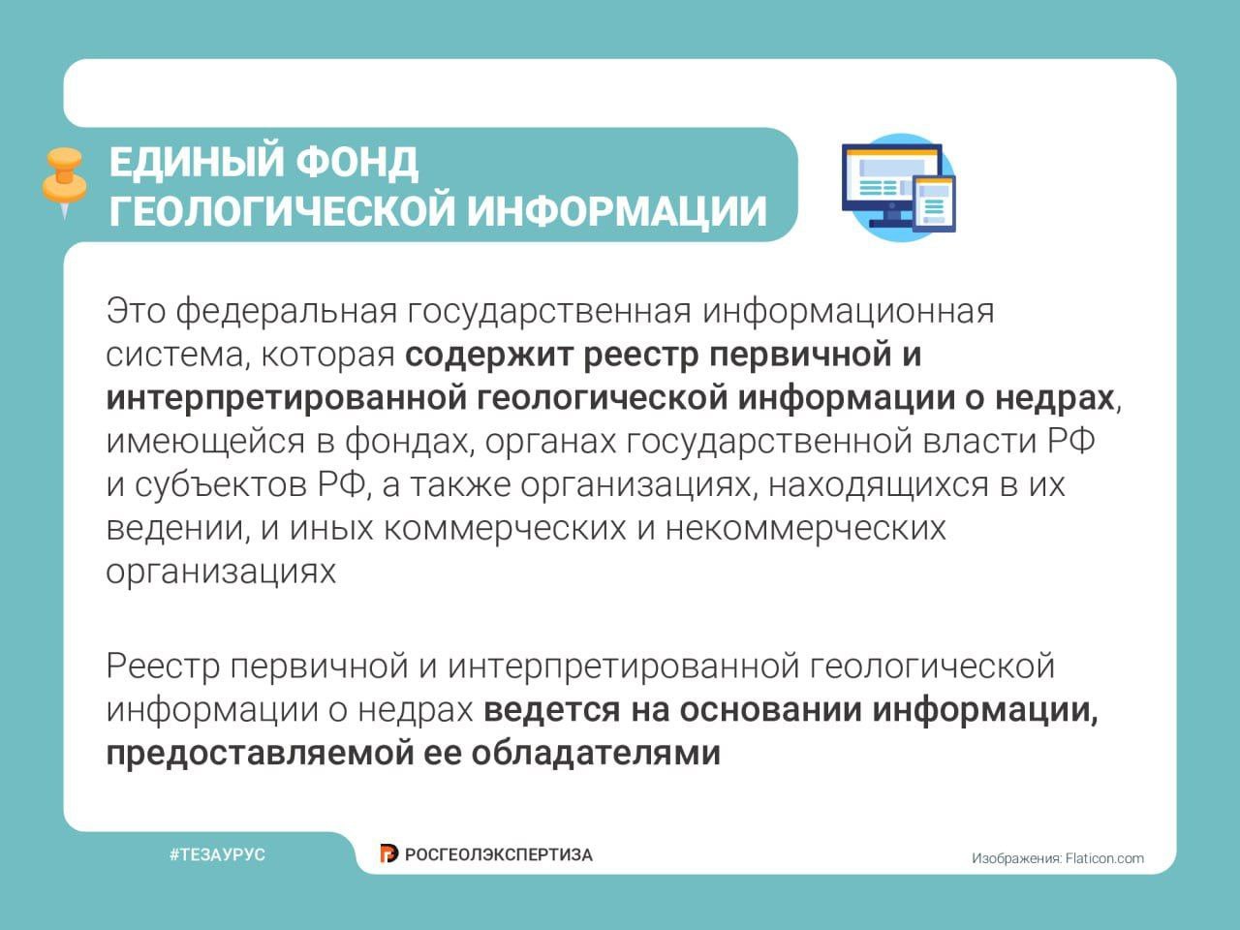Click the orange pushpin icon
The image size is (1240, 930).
click(64, 182)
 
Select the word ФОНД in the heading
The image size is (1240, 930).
click(357, 163)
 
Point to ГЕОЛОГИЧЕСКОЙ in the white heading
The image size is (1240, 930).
click(283, 211)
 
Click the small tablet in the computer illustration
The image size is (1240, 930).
click(935, 203)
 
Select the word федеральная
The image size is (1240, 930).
click(287, 312)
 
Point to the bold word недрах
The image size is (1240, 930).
click(1055, 399)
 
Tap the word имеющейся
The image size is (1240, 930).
click(205, 442)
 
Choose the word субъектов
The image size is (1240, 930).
click(220, 485)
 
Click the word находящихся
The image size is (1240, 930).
click(879, 486)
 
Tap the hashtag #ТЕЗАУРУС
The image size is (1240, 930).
click(218, 854)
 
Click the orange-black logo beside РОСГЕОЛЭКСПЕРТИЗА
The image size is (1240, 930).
click(388, 853)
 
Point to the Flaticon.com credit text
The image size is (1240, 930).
click(1104, 859)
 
